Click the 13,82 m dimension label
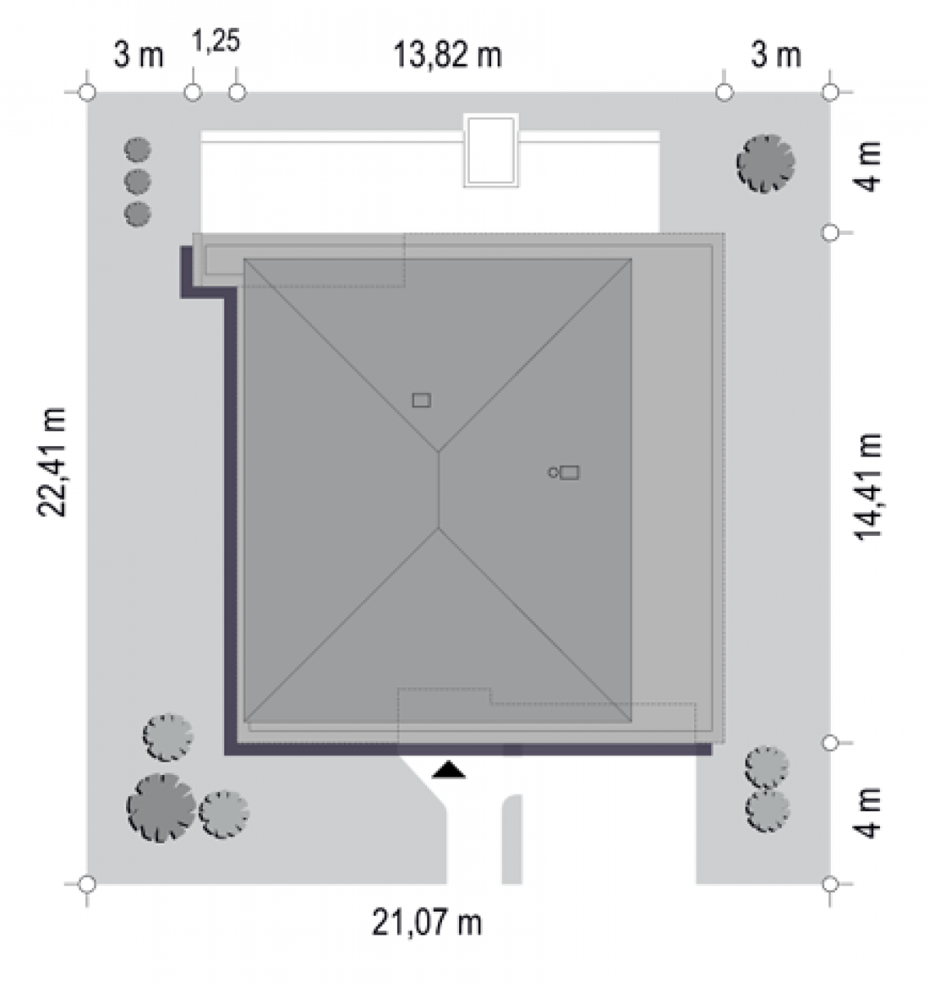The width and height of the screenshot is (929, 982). coord(448,55)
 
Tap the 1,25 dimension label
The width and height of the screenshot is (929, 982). coord(216,40)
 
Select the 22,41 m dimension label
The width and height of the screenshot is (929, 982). coord(52,462)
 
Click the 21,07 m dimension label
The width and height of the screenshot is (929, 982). coord(426,922)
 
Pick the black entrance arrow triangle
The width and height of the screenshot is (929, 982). coord(449,770)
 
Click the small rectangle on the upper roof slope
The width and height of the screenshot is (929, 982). coord(422,400)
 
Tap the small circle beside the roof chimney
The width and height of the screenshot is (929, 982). coord(552,472)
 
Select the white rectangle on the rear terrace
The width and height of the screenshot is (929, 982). coord(491,151)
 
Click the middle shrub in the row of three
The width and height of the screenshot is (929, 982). coord(138,182)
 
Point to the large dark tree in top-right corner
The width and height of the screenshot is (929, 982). coord(765,163)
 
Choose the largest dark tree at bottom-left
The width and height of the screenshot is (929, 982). coord(161,809)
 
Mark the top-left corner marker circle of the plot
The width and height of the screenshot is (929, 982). coord(88,92)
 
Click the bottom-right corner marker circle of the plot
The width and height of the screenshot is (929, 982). coord(830,884)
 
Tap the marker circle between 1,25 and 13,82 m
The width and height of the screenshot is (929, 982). coord(237,92)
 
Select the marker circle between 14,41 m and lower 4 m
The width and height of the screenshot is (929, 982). coord(830,743)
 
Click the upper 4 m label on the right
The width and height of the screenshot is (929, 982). coord(867,166)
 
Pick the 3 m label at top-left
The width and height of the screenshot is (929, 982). coord(138,55)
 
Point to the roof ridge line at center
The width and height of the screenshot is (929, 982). coord(439,489)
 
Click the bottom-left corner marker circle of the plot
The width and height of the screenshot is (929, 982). coord(88,884)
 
